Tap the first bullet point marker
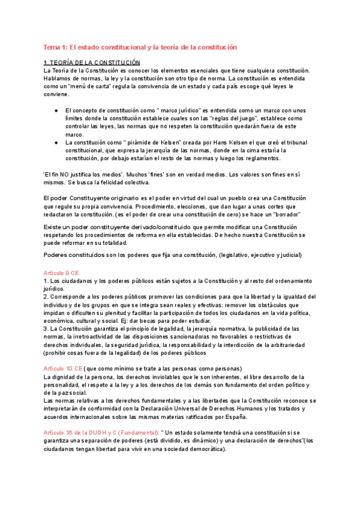point(56,110)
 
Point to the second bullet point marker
point(56,142)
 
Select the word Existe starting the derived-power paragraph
point(55,227)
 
